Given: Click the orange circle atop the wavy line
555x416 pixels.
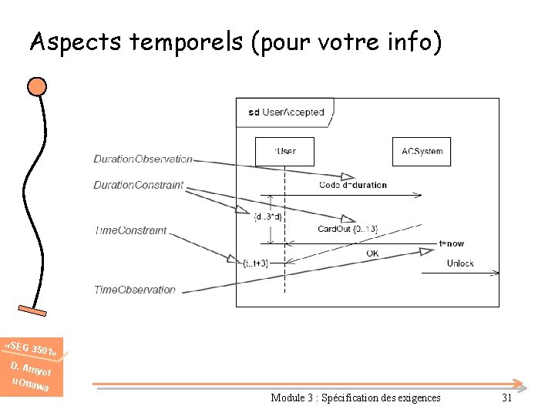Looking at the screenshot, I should (36, 86).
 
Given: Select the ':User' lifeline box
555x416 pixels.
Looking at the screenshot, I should (285, 151).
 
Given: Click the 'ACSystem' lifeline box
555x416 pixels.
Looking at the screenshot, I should (422, 151).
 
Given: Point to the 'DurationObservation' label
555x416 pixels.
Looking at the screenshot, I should (143, 159).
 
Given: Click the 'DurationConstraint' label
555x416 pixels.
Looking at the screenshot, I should (139, 185).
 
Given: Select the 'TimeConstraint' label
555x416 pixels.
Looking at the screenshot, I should (130, 230).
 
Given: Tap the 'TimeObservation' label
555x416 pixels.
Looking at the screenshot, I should (135, 290).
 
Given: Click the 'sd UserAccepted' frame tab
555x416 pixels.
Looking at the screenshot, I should (285, 112).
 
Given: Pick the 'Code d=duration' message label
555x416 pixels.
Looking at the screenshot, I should (353, 185).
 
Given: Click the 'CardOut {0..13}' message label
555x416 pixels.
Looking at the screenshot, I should (348, 229).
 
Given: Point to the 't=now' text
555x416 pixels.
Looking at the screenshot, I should (451, 243).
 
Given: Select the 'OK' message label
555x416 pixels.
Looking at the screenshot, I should (372, 253).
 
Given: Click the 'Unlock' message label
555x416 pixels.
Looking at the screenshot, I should (460, 263).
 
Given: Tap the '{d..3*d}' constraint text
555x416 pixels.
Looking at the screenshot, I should (267, 216).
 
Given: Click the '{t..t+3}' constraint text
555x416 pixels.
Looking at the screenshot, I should (255, 263).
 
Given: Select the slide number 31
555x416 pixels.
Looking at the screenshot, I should (506, 398).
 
